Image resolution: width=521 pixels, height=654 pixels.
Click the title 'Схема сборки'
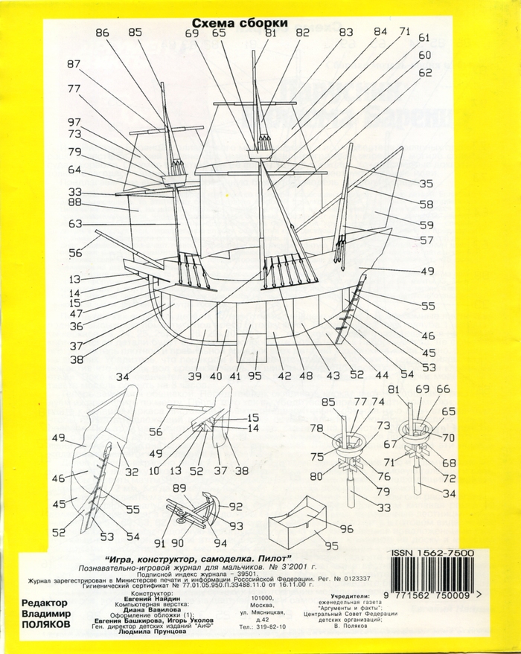coord(240,23)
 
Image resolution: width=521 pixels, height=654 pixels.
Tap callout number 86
coord(102,33)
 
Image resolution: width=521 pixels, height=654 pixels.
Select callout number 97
coord(74,122)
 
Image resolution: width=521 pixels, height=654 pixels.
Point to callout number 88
coord(74,202)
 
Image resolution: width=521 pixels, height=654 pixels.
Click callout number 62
coord(425,73)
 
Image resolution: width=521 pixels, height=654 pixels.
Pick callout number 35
coord(426,184)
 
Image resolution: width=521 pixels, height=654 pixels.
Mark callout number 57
coord(426,240)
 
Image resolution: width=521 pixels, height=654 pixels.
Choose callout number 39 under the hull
coord(194,376)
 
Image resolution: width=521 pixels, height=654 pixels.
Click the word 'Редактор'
coord(45,603)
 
